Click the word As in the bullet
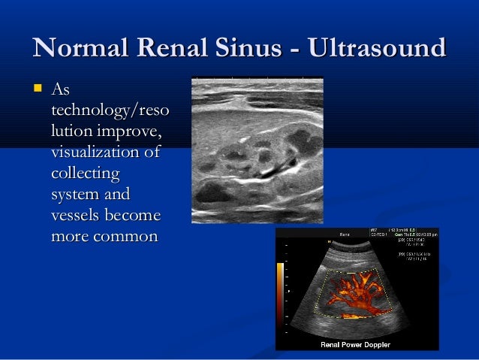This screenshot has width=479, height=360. [60, 92]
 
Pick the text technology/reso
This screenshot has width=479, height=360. [109, 113]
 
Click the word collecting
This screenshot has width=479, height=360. [85, 174]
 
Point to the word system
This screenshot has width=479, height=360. [76, 195]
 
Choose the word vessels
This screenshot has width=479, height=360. [77, 216]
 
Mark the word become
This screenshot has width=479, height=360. [134, 216]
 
